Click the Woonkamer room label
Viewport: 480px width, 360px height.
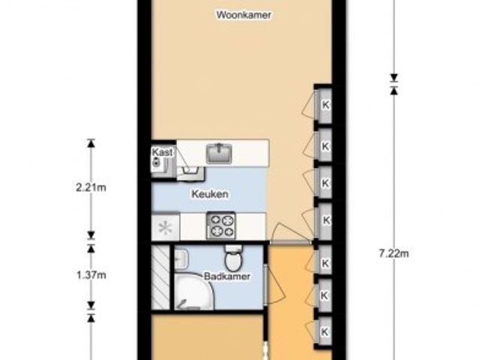(244, 15)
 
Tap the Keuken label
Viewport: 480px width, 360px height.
(210, 193)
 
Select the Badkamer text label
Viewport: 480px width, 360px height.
(227, 277)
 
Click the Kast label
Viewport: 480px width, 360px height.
(162, 152)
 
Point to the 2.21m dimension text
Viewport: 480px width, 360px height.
(91, 187)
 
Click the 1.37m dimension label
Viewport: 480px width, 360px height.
(91, 275)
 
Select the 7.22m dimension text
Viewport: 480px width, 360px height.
(394, 253)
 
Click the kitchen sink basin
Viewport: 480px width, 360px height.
(219, 153)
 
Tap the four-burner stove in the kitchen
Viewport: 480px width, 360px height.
(221, 226)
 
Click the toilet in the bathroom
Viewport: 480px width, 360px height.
(233, 258)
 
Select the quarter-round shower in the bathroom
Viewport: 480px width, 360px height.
(193, 290)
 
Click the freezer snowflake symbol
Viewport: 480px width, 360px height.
(165, 227)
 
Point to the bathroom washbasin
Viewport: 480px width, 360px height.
(181, 259)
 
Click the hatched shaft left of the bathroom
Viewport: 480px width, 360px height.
(160, 277)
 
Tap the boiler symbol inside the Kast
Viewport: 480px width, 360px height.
(156, 162)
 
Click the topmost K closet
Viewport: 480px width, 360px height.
(325, 105)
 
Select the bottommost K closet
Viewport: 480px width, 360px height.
(325, 331)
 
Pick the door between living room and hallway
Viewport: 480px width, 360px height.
(291, 242)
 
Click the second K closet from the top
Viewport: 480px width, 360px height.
(325, 145)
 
